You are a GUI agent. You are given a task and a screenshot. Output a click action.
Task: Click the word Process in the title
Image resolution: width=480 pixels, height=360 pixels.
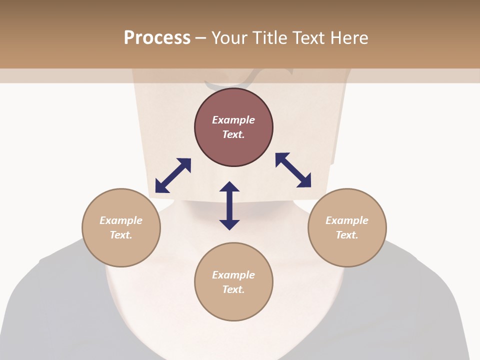(157, 37)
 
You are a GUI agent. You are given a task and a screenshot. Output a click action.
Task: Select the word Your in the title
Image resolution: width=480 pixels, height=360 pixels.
(229, 37)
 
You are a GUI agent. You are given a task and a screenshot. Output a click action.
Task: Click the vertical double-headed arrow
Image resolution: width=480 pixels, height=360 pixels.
(229, 205)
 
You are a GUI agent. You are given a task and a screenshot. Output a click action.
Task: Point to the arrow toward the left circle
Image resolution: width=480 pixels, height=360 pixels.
(173, 175)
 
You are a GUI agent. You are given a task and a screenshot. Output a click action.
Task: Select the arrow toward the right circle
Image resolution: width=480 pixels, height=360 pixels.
(293, 170)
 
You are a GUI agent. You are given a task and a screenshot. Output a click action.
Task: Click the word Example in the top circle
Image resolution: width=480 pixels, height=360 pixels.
(233, 120)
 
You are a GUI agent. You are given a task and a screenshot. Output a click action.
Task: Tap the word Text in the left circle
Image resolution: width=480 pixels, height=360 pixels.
(121, 235)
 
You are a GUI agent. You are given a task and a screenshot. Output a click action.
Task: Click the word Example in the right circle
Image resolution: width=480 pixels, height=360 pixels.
(347, 220)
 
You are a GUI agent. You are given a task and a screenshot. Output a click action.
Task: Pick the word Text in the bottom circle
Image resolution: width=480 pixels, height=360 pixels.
(233, 289)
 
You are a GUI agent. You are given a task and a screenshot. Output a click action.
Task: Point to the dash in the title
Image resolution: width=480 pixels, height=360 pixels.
(200, 38)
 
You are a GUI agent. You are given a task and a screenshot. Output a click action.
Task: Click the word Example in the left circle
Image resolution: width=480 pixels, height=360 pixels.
(121, 220)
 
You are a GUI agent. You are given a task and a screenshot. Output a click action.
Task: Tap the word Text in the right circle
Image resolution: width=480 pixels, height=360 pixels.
(347, 235)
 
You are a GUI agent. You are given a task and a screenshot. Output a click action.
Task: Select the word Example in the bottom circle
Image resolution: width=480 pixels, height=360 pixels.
(233, 275)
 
